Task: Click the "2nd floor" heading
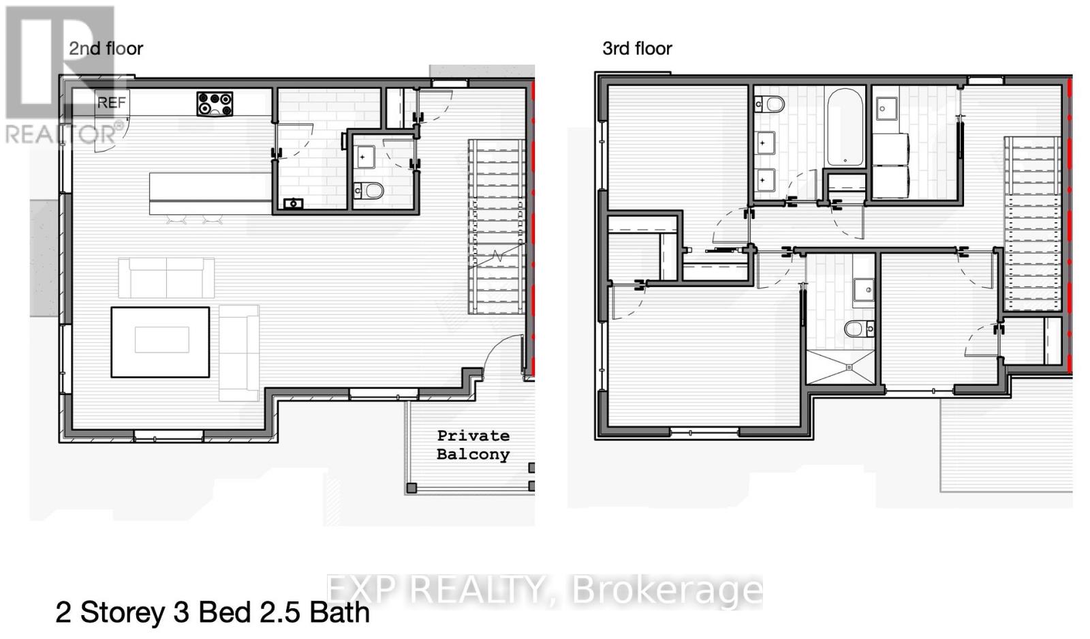coord(106,48)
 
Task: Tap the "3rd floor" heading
coord(637,48)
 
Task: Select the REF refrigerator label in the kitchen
coord(112,103)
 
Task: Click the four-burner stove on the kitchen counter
coord(215,104)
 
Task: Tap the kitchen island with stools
coord(210,194)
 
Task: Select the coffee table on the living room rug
coord(161,340)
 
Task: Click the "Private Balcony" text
coord(473,445)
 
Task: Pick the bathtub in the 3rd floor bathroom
coord(845,128)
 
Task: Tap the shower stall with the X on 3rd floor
coord(841,368)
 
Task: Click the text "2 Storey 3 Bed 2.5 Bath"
coord(213,612)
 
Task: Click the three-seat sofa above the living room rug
coord(166,278)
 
